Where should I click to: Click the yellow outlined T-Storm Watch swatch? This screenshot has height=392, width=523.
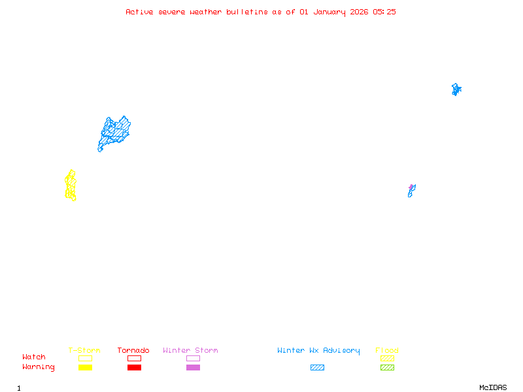(x=85, y=358)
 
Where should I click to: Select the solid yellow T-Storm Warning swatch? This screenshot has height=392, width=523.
(x=85, y=367)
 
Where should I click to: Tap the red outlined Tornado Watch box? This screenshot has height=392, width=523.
(x=134, y=358)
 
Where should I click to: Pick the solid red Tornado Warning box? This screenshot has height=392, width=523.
(x=134, y=367)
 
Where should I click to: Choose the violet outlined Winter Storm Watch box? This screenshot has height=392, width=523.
(x=193, y=358)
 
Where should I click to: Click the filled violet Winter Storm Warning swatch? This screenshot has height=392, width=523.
(x=193, y=367)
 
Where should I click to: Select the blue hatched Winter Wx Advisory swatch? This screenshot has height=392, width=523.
(x=317, y=367)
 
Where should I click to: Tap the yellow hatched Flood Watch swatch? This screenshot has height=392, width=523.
(x=387, y=358)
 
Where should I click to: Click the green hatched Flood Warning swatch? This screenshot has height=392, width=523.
(x=387, y=367)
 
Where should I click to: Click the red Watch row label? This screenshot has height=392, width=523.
(x=34, y=357)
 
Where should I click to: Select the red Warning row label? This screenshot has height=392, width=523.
(x=39, y=367)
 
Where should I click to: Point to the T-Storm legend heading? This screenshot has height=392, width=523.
(x=84, y=350)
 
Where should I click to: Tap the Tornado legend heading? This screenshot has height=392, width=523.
(x=133, y=350)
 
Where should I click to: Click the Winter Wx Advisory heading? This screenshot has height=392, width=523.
(x=318, y=350)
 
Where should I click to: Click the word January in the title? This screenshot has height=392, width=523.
(x=324, y=12)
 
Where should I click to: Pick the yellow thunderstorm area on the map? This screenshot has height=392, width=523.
(x=71, y=186)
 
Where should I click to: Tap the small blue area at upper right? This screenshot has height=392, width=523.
(x=456, y=90)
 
